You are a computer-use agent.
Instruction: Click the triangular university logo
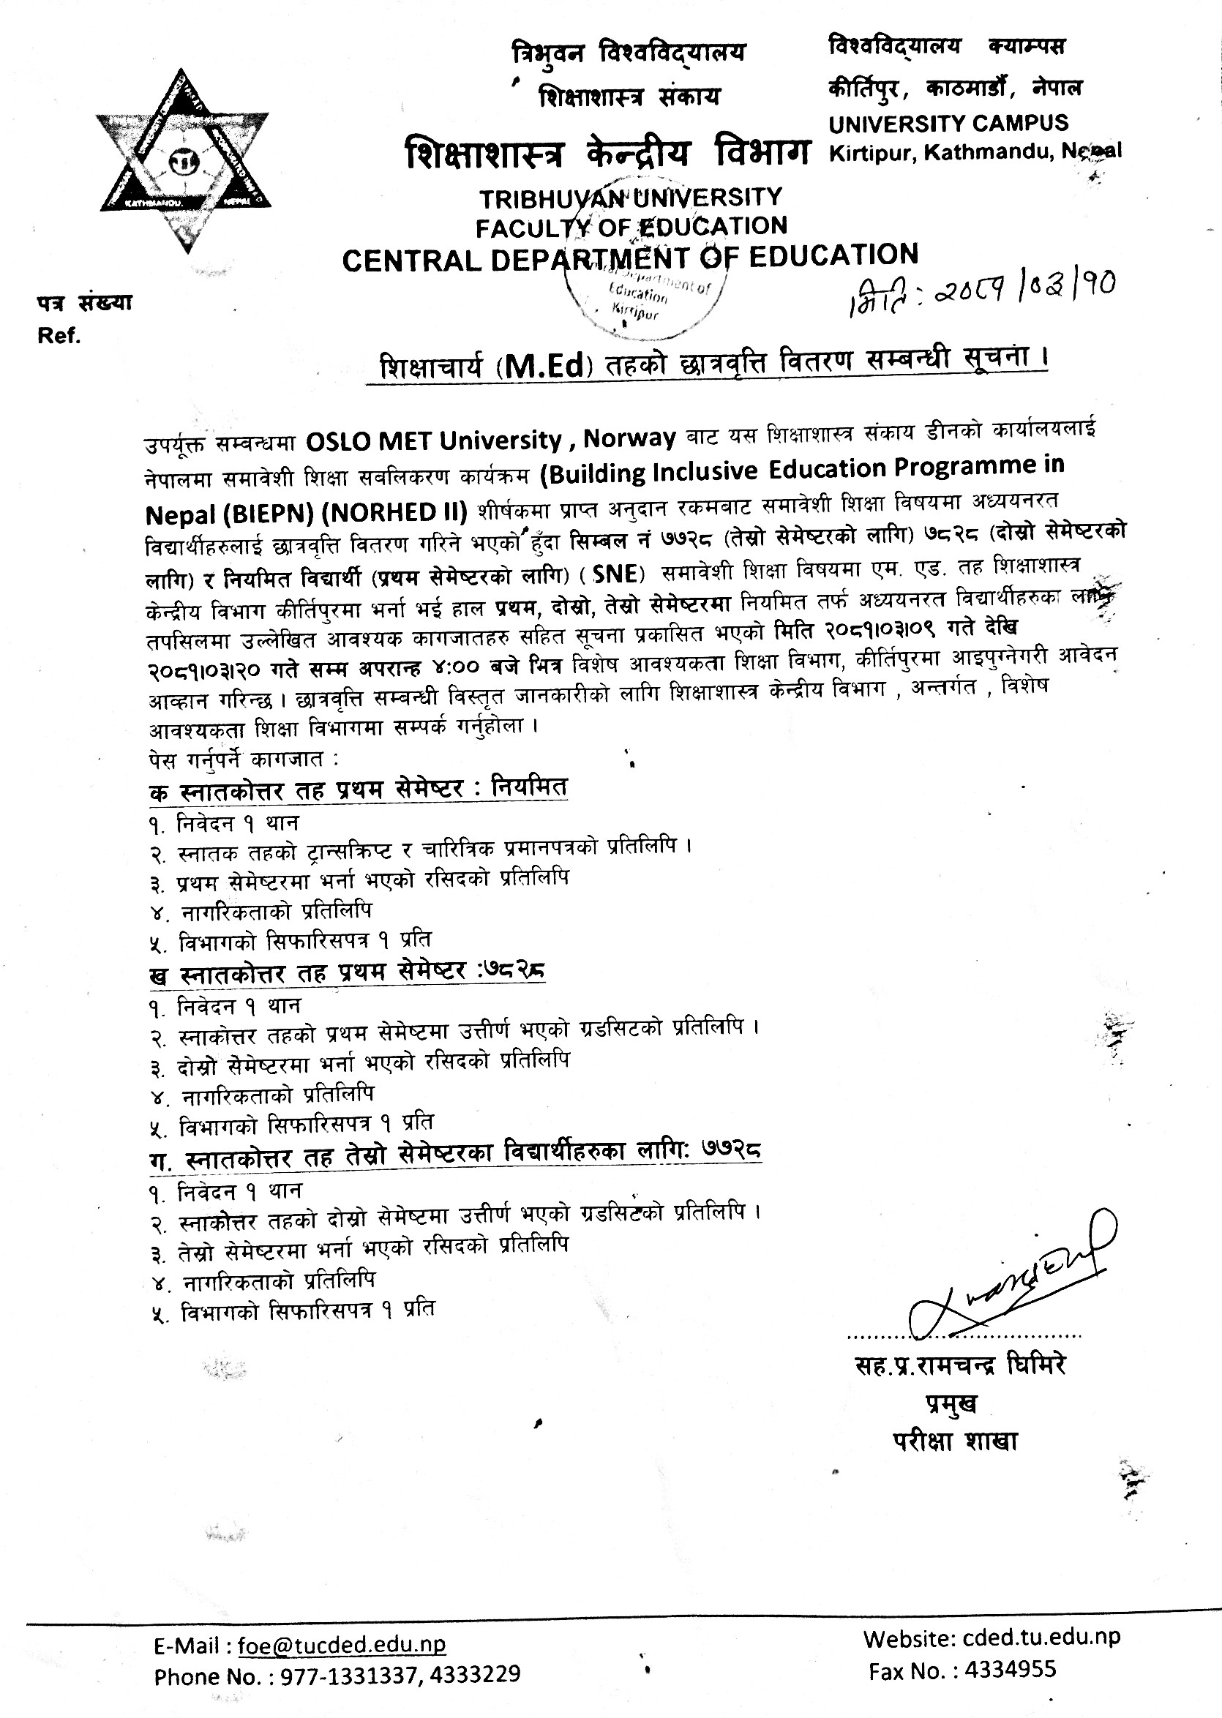[183, 160]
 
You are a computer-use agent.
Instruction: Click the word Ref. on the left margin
[59, 337]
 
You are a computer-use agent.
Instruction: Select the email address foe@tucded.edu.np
[342, 1645]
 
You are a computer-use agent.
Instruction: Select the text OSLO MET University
[433, 440]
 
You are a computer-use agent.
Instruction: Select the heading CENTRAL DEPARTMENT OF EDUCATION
[630, 258]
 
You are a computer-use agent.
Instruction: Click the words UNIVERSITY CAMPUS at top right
[948, 124]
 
